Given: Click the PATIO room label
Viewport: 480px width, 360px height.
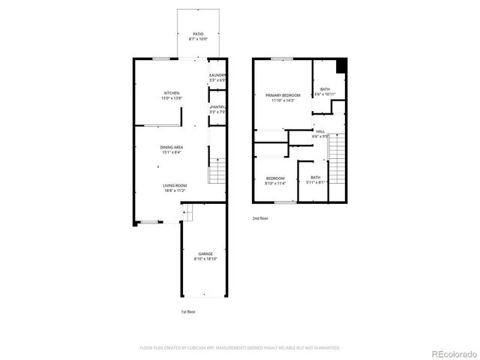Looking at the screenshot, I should coord(198,34).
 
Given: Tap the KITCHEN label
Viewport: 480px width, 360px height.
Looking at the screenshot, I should coord(172,93).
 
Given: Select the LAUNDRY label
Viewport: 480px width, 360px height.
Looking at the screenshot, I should coord(217,75).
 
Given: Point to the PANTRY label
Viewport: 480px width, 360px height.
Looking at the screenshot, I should coord(217,107).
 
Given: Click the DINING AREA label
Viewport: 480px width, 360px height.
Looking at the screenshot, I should coord(172,147).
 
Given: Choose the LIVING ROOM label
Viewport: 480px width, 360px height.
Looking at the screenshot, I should coord(175,185).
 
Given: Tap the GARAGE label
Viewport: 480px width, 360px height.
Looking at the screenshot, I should coord(205,254).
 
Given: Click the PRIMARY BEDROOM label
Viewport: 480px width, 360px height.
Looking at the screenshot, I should coord(283,95).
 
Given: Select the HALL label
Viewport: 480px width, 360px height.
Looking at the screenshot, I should coord(320,132).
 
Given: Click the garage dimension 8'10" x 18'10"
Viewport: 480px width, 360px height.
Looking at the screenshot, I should coord(205,259).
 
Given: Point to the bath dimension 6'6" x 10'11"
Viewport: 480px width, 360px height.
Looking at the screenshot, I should coord(324,94).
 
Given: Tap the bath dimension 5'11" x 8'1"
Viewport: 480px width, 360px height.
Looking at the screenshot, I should coord(316,182).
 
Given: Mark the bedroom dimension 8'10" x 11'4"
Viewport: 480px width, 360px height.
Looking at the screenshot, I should coord(275,182).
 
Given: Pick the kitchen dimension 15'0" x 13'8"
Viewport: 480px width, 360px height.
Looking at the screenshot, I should coord(172,98).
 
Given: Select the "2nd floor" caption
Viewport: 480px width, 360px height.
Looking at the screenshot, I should coord(260,218).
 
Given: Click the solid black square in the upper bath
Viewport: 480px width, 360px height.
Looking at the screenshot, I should coord(342,66).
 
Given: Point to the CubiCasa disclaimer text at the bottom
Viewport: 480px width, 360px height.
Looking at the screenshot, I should coord(240,348).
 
